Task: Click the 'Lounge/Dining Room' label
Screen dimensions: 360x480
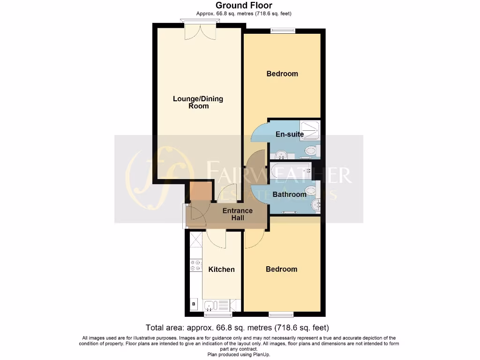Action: click(198, 102)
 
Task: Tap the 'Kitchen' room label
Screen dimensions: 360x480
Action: click(221, 269)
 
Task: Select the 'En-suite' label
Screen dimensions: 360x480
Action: click(289, 134)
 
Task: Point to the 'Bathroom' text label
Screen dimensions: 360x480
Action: click(290, 194)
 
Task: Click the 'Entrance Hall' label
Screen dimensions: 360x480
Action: click(237, 215)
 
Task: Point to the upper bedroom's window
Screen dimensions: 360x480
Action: click(281, 31)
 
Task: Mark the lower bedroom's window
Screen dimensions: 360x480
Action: click(281, 314)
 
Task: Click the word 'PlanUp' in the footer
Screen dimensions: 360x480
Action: click(261, 354)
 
